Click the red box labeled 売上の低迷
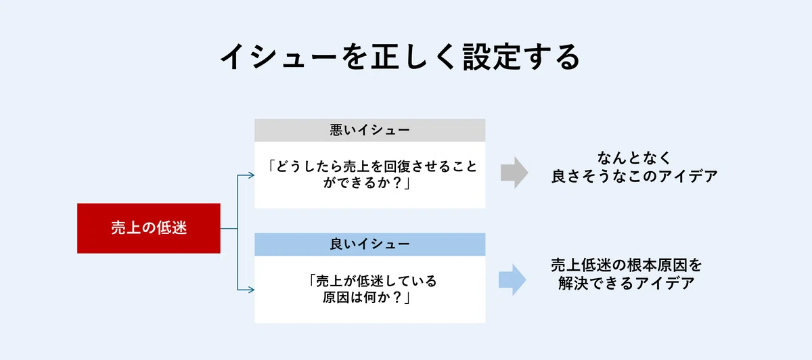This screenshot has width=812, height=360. [x=149, y=228]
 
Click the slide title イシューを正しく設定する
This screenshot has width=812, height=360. [x=401, y=57]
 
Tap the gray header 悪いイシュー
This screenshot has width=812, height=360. [x=369, y=130]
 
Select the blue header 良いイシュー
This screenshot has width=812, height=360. [x=369, y=244]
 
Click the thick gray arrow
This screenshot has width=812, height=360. [x=514, y=173]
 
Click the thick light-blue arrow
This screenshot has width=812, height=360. [x=512, y=279]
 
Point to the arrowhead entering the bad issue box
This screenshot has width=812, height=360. [x=251, y=175]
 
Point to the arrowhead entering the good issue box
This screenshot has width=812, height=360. [x=251, y=290]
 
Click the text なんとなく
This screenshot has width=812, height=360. [x=634, y=158]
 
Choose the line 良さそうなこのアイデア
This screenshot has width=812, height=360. [x=635, y=176]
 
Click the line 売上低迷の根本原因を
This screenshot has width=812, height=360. [x=627, y=265]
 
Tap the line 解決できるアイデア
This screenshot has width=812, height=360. [x=627, y=283]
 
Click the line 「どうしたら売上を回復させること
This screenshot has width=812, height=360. [x=371, y=166]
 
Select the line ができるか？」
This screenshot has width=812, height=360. [x=367, y=183]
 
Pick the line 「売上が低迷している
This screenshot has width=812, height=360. [x=371, y=281]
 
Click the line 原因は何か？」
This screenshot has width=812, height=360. [x=367, y=297]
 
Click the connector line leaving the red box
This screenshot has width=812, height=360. [x=229, y=229]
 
